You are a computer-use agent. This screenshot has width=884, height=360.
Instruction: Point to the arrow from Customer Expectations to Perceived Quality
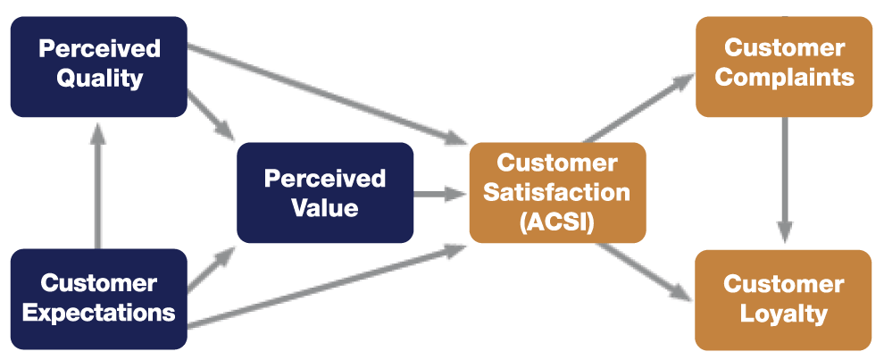pyautogui.click(x=98, y=183)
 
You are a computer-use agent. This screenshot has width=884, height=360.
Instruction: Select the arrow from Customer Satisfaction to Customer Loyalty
pyautogui.click(x=638, y=270)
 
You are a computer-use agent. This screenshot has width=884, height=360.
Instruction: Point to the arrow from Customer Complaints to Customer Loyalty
pyautogui.click(x=784, y=179)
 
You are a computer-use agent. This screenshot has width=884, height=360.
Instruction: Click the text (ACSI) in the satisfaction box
pyautogui.click(x=557, y=221)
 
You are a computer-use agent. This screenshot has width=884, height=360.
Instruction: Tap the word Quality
pyautogui.click(x=99, y=78)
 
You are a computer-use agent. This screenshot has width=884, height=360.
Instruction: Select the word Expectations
pyautogui.click(x=99, y=313)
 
